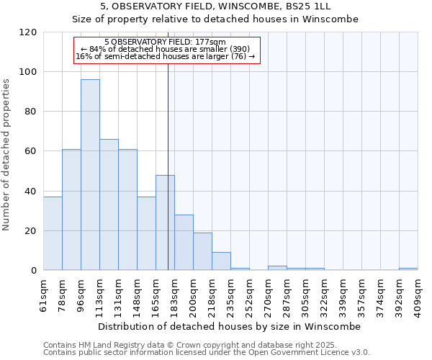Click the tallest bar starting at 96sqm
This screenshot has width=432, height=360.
[90, 175]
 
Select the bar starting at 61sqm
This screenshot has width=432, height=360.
[53, 233]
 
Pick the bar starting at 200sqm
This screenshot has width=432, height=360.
[202, 251]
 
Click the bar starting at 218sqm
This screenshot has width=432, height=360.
[221, 261]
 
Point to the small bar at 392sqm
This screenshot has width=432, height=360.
[408, 269]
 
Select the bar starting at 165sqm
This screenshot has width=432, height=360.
[165, 222]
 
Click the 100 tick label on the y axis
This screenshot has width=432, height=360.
[29, 72]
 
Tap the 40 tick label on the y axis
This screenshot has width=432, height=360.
[31, 192]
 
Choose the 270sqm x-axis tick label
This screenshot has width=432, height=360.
[269, 294]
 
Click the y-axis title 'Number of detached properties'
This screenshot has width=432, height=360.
[7, 155]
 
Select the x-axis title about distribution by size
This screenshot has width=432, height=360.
[229, 326]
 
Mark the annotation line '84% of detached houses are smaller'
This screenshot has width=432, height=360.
[166, 49]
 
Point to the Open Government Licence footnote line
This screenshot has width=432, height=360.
[207, 353]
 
